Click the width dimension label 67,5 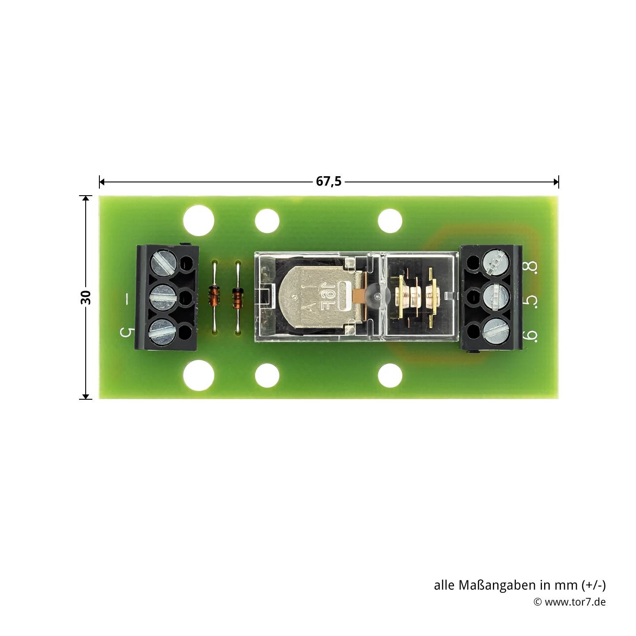[329, 182]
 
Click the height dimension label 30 [86, 297]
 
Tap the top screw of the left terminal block [164, 262]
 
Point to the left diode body [214, 295]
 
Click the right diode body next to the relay [238, 297]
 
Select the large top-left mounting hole [199, 220]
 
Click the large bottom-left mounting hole [199, 375]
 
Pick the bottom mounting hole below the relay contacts [390, 375]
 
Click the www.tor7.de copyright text [569, 602]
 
